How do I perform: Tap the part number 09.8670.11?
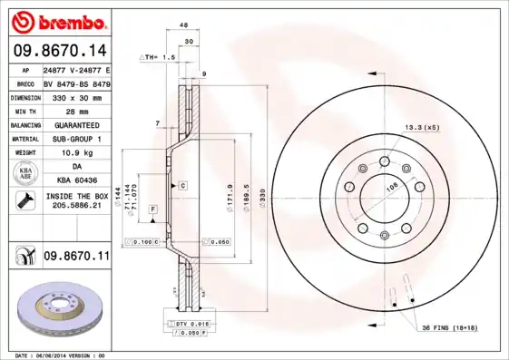click(x=76, y=258)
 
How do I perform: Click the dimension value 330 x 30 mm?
click(x=76, y=95)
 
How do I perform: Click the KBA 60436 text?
click(x=76, y=181)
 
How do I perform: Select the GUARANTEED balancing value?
click(x=76, y=123)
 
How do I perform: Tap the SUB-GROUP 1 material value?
click(x=76, y=138)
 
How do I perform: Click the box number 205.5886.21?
click(x=76, y=208)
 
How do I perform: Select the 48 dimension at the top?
click(x=184, y=25)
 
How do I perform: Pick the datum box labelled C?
click(x=182, y=185)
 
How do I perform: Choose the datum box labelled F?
click(x=152, y=209)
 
